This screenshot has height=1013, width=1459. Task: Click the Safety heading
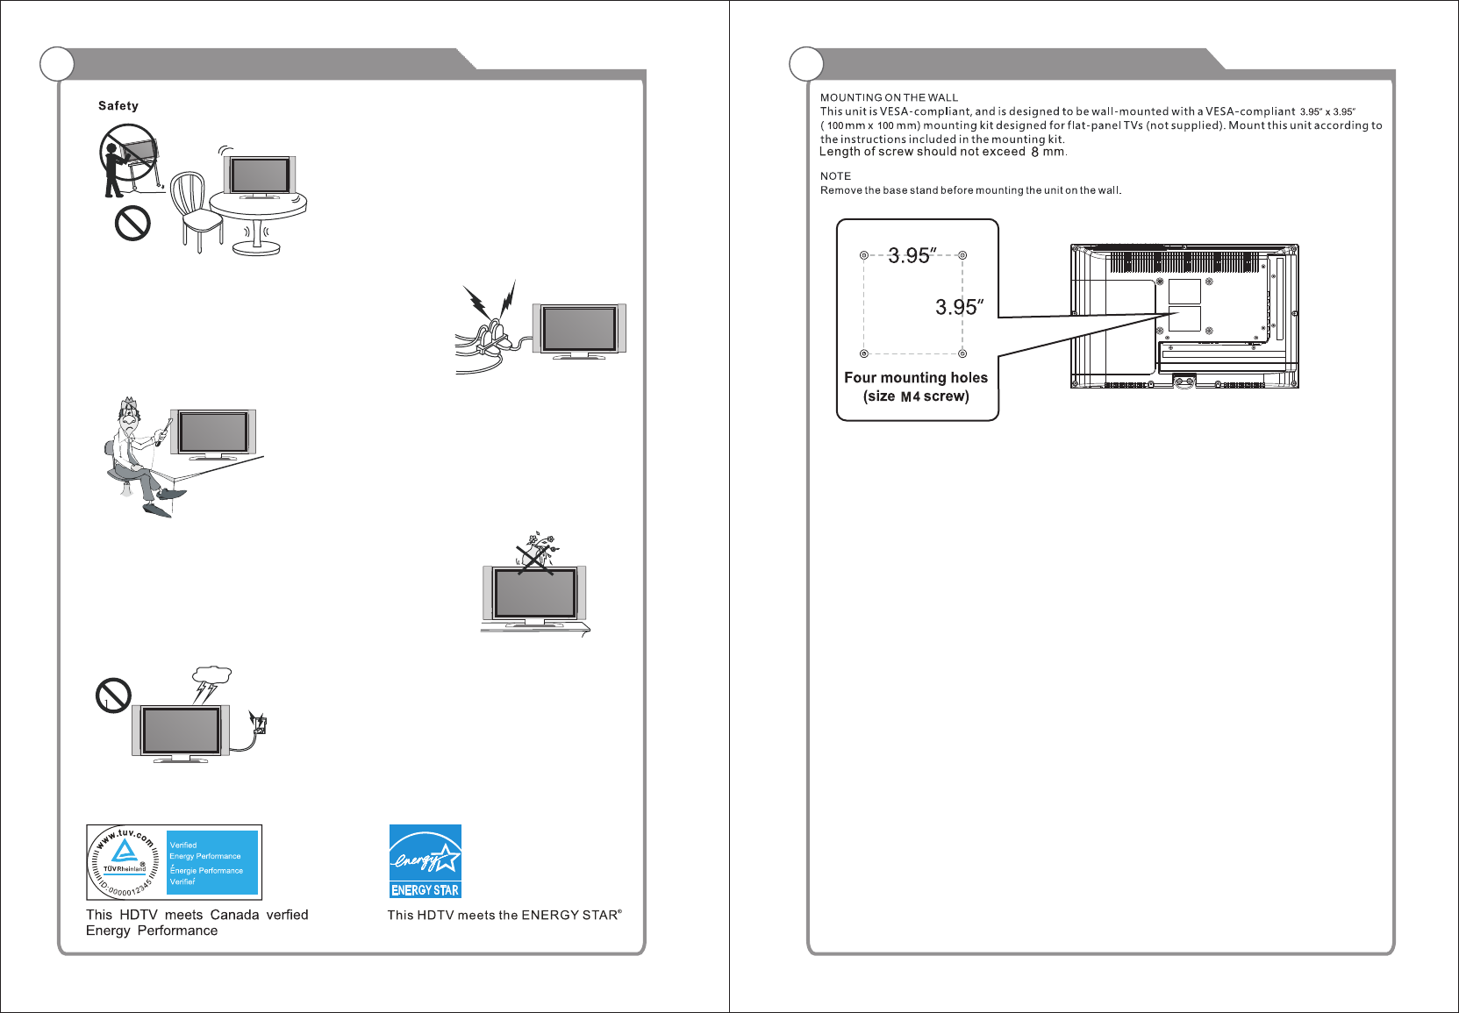[x=118, y=106]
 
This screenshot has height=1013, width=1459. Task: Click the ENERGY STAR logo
[x=426, y=861]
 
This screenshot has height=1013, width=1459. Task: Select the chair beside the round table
[x=195, y=210]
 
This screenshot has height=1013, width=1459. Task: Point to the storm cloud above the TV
[x=211, y=677]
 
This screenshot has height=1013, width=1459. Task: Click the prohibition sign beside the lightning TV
[x=113, y=696]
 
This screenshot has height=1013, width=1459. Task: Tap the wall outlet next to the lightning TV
[x=259, y=724]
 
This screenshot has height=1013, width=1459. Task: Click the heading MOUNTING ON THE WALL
[x=889, y=97]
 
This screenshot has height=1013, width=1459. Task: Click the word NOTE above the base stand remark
[x=835, y=176]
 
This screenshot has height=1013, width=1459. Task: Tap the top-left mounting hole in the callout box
[x=864, y=255]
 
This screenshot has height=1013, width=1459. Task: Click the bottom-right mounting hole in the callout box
[x=962, y=353]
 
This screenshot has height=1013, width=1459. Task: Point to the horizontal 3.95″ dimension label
[x=912, y=255]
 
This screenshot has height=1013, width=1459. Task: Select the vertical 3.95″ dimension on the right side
[x=959, y=307]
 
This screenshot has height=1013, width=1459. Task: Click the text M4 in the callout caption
[x=911, y=396]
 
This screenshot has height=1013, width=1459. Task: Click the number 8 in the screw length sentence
[x=1035, y=152]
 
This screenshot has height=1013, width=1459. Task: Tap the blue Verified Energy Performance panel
[x=213, y=863]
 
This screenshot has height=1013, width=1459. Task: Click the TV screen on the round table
[x=261, y=175]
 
